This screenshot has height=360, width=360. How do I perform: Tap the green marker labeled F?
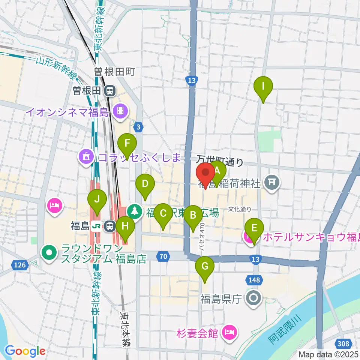(127, 143)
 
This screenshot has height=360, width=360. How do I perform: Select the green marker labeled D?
(145, 184)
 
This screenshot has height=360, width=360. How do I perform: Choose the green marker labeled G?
(205, 267)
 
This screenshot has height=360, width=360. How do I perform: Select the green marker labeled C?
(163, 213)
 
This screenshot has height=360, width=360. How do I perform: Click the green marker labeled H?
(125, 226)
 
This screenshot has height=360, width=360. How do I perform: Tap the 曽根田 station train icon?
(110, 90)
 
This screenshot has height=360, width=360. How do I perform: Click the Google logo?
(25, 351)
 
